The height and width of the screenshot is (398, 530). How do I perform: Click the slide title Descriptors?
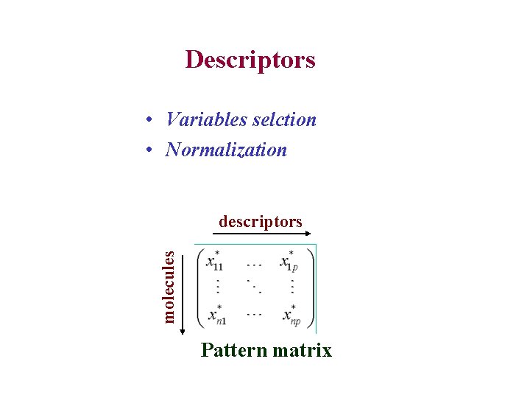pos(250,59)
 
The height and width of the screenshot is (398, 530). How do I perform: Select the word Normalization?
pos(226,150)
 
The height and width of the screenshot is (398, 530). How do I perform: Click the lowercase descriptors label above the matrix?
pos(260,221)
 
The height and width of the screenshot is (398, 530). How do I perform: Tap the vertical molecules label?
pos(169,286)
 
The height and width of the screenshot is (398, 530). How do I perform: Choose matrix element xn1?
pos(215,315)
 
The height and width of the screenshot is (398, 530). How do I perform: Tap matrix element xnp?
pos(291,315)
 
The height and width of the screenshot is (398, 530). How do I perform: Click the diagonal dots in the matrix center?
pos(255,286)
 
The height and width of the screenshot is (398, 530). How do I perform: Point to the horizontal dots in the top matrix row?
pos(254,262)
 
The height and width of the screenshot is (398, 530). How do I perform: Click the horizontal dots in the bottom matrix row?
pos(254,314)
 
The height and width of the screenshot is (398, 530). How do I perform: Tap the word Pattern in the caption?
pos(233,350)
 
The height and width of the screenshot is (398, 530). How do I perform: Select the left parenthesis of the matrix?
pos(199,287)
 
